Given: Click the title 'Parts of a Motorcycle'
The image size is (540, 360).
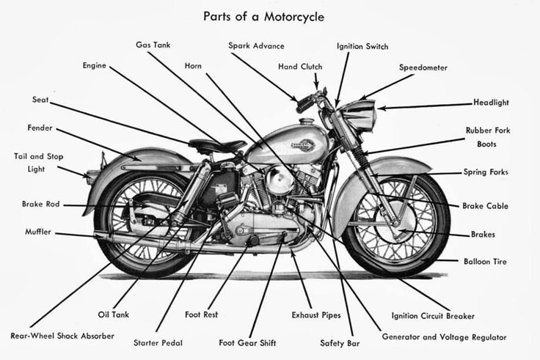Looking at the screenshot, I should pos(263,15).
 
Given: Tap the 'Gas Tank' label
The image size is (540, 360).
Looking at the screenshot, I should pos(153,45).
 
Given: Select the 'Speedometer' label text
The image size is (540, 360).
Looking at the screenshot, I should pos(423,67).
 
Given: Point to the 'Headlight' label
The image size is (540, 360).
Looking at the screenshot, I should pos(491,103).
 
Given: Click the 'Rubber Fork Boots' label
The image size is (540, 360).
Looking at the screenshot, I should pos(487,137).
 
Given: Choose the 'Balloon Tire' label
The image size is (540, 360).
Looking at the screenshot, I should pos(484,261).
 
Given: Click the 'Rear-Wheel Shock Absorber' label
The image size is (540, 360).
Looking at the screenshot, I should pos(62,336).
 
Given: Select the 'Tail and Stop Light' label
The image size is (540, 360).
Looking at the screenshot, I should pos(38,162).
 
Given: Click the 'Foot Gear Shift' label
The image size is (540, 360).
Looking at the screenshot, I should pos(247,342).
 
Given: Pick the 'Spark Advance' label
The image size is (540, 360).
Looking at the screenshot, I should pos(256,45).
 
